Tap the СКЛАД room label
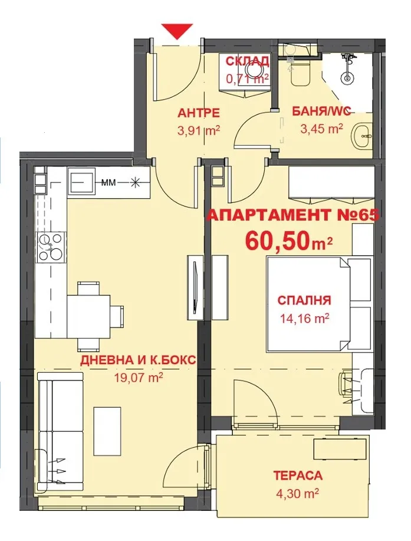247,61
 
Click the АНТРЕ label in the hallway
199,113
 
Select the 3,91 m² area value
199,131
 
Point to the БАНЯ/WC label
322,111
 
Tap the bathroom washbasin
363,136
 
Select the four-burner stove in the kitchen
51,247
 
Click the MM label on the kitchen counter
108,182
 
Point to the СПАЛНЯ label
304,300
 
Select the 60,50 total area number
276,241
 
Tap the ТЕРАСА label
298,475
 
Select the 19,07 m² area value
138,378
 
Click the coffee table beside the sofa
107,431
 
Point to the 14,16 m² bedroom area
304,319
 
